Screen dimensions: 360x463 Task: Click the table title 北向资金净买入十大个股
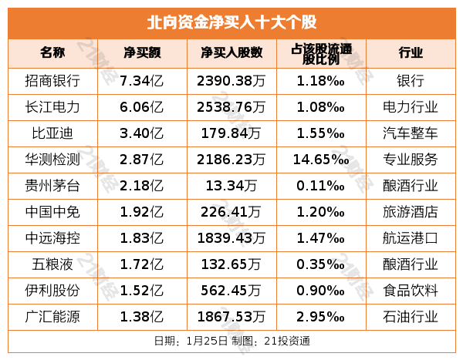[231, 21]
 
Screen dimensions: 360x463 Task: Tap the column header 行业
[411, 53]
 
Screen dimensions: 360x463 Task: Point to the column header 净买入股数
[231, 53]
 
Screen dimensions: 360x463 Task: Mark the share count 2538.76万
[231, 106]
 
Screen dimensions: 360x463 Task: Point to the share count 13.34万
[231, 185]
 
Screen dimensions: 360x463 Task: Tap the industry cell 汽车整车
[411, 133]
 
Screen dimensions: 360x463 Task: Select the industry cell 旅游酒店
[411, 211]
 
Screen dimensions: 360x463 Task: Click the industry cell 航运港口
[411, 237]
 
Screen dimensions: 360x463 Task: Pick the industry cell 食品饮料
[411, 290]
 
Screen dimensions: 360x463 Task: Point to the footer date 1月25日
[206, 340]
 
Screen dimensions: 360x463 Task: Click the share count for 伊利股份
[231, 290]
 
